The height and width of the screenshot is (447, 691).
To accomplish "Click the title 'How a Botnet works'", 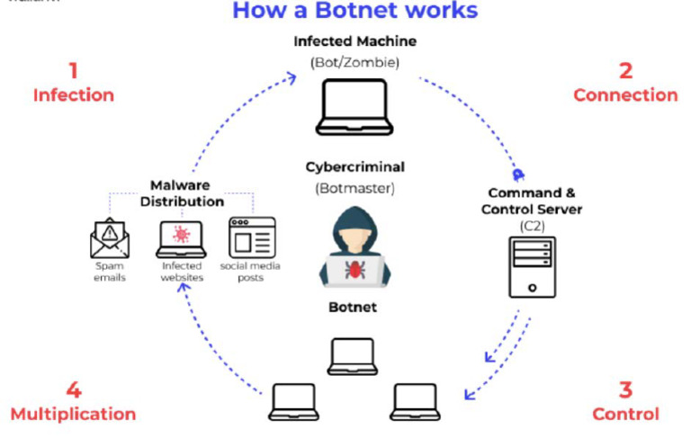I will coord(354,11).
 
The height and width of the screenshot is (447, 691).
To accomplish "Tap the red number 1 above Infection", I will coord(73,70).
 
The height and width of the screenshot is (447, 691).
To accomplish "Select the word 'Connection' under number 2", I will coord(625,95).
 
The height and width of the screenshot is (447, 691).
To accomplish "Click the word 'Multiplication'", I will coord(73,415).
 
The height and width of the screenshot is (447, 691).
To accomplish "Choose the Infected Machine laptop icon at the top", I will coord(354,107).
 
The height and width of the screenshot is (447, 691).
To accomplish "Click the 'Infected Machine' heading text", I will coord(354,41).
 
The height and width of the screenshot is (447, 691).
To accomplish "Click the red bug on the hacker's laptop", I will coord(354,267).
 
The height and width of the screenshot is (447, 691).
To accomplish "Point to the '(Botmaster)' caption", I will coord(354,188).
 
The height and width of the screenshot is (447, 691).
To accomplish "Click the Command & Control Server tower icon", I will coord(533,266).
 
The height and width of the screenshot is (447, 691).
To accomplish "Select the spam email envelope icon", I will coord(109,238).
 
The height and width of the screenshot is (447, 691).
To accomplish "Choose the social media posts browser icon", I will coord(252,238).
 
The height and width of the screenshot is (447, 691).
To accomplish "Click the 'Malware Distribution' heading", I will coord(186,193).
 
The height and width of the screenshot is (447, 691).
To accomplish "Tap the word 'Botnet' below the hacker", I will coord(354,308).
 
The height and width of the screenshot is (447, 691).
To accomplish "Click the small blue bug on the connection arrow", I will coord(518,175).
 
